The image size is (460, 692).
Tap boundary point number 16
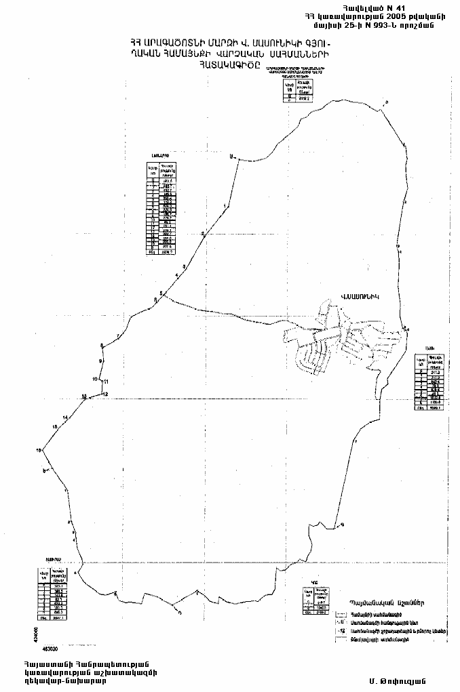[x=40, y=449]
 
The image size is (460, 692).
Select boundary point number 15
[x=55, y=426]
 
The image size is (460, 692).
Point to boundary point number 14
[x=65, y=417]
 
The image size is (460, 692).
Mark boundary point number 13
[x=83, y=396]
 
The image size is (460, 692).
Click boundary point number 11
[x=106, y=382]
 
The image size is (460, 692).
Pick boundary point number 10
[x=96, y=379]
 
